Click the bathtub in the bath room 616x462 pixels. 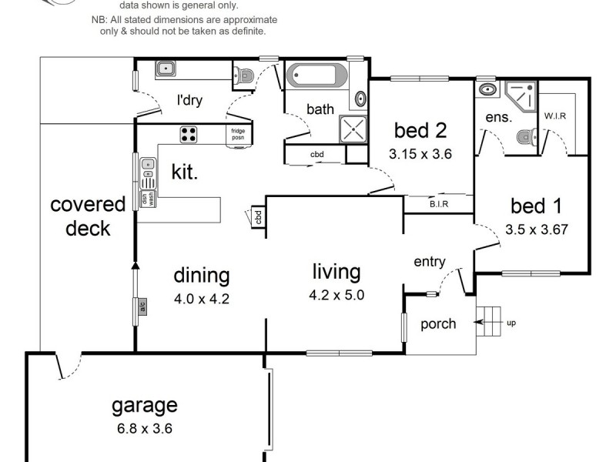tap(316, 78)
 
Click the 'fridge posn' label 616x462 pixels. tap(238, 134)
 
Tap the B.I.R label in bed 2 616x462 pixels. tap(439, 204)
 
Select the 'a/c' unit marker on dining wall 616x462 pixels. tap(142, 307)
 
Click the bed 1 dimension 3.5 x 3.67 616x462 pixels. tap(537, 229)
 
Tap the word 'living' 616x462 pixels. tap(336, 272)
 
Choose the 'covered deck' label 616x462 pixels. tap(88, 216)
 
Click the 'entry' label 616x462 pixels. tap(429, 262)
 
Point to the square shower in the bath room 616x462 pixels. tap(353, 129)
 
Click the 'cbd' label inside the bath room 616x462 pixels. tap(316, 155)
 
